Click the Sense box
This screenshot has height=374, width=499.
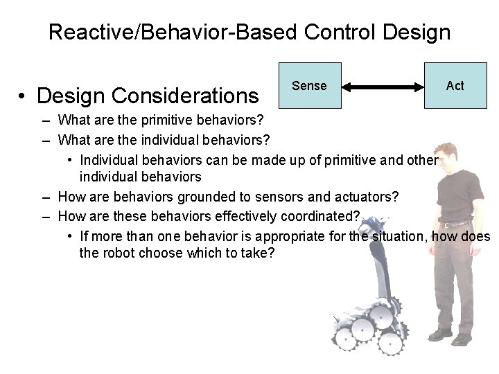click(x=309, y=85)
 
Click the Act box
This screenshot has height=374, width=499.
click(x=455, y=85)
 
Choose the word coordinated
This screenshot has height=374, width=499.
click(x=319, y=217)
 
